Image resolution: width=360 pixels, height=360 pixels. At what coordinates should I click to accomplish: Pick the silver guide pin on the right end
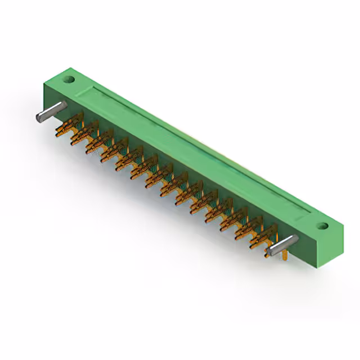click(281, 244)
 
